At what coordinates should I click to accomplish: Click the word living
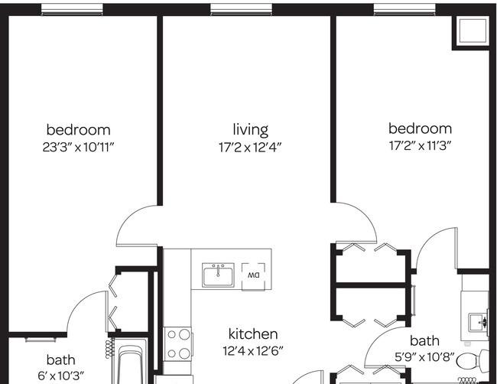click(x=250, y=130)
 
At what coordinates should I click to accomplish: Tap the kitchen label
click(x=253, y=334)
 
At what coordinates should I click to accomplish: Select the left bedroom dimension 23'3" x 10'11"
click(x=78, y=147)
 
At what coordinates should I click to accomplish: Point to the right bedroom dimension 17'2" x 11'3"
click(x=420, y=146)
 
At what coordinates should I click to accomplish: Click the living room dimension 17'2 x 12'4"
click(x=250, y=148)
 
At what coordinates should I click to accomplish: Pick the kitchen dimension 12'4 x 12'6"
click(x=252, y=351)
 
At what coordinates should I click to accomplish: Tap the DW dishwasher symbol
click(x=253, y=276)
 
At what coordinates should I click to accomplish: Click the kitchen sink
click(x=218, y=275)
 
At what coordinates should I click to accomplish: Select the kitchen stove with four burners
click(x=178, y=343)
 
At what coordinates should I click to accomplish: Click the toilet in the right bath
click(x=473, y=361)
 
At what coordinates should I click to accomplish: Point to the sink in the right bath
click(x=479, y=322)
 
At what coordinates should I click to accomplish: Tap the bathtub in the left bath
click(x=130, y=365)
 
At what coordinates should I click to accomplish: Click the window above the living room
click(x=241, y=9)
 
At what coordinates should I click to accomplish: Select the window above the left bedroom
click(x=73, y=9)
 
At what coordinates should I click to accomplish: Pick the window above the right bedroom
click(x=404, y=9)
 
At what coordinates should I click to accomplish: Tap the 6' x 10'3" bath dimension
click(x=61, y=376)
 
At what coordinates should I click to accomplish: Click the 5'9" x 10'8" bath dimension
click(x=424, y=357)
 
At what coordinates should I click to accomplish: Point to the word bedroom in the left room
click(x=78, y=130)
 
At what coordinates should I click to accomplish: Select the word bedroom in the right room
click(x=421, y=129)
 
